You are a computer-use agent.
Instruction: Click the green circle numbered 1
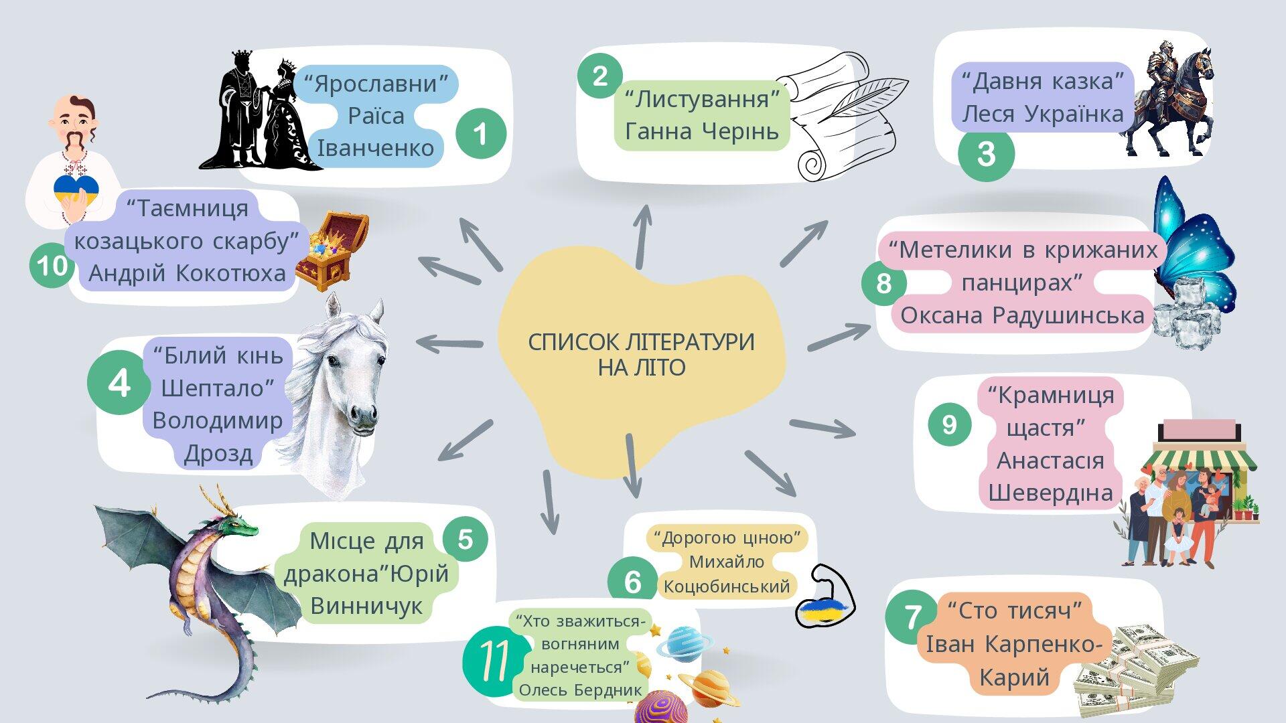coord(481,133)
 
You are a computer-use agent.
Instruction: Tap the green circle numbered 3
coord(986,153)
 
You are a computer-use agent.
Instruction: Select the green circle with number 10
coord(52,266)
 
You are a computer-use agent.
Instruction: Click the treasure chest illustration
coord(332,250)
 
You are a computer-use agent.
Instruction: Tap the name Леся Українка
coord(1043,114)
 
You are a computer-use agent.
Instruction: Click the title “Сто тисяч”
coord(1015,611)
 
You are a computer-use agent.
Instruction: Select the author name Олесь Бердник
coord(580,690)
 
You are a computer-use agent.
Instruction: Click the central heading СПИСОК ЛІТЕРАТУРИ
coord(641,342)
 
